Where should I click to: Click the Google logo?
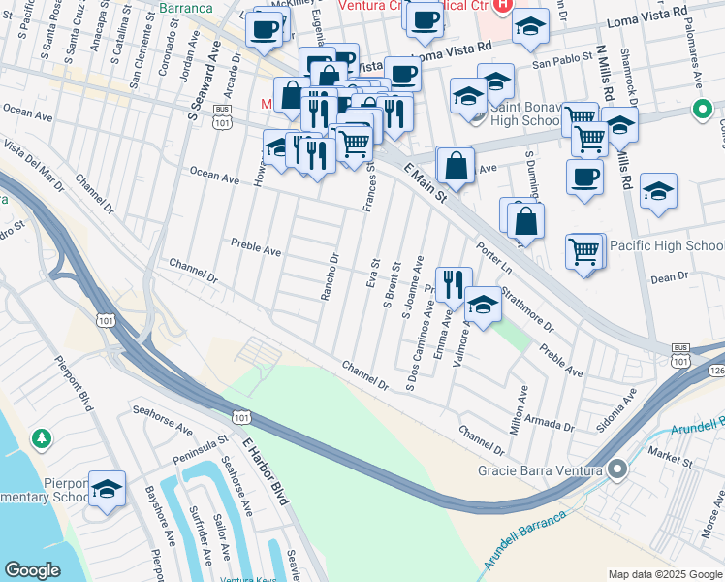(x=32, y=570)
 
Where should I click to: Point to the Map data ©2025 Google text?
(x=665, y=574)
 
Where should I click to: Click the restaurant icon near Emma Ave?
(x=453, y=282)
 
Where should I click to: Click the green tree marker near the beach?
(x=42, y=439)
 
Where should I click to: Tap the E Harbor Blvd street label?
(x=265, y=470)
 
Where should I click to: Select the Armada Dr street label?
(x=549, y=424)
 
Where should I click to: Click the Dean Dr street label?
(x=668, y=277)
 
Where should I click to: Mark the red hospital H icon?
(x=501, y=6)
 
